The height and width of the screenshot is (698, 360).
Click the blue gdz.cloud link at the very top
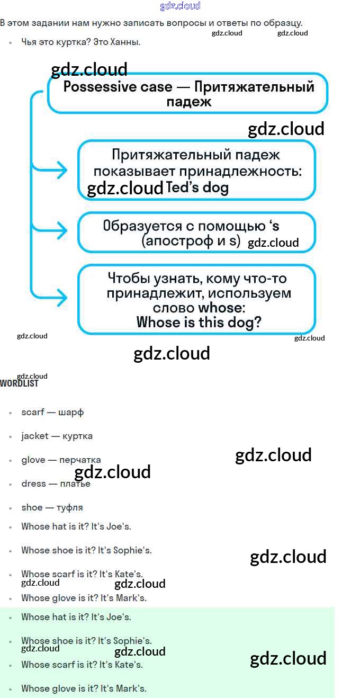180,6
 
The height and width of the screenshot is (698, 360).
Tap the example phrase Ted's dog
197,187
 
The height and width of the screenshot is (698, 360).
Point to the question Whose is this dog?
199,322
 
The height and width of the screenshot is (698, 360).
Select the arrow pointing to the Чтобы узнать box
58,298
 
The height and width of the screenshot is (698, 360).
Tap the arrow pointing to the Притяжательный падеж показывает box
58,170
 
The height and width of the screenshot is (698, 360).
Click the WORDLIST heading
19,383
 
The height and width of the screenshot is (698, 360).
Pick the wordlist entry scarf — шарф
52,412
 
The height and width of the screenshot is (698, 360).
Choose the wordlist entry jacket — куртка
57,436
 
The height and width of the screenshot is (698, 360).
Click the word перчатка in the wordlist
80,460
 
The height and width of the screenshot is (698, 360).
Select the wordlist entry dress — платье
56,484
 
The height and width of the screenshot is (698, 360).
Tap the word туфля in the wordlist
70,507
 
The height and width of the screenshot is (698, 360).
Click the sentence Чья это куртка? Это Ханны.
80,42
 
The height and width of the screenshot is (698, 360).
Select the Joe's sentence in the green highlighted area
76,617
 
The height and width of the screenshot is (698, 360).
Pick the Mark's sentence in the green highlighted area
84,688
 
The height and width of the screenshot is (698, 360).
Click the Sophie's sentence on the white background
86,550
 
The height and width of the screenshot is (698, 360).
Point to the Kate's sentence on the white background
82,574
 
